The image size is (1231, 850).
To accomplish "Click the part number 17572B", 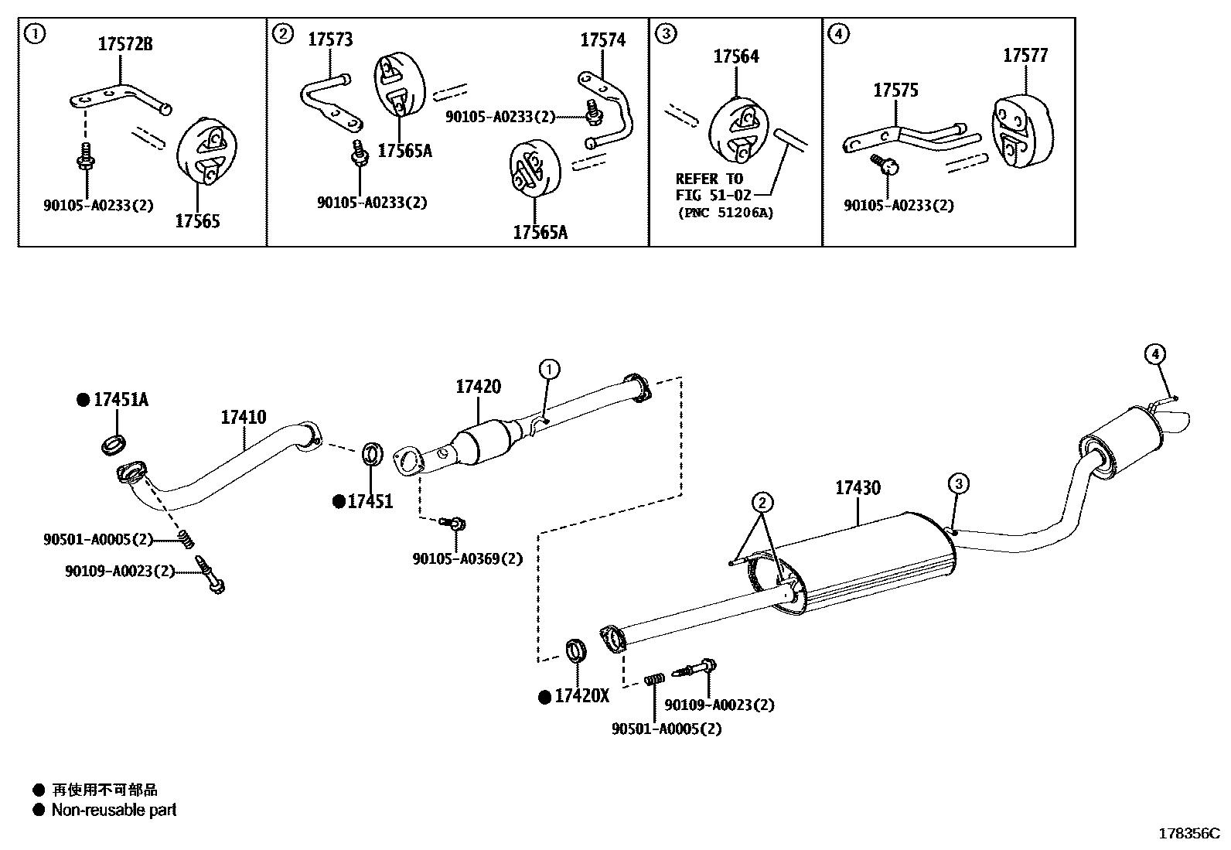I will click(124, 45).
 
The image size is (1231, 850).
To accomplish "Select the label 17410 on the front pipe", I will click(243, 418).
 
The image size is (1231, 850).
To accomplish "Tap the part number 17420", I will click(477, 387).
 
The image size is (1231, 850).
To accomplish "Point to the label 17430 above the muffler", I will click(857, 488).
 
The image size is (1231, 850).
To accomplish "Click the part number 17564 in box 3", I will click(735, 56).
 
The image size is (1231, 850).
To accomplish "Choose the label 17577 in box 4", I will click(1025, 56).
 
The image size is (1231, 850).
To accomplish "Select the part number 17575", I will click(895, 90).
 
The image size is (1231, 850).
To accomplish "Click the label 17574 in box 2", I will click(602, 40).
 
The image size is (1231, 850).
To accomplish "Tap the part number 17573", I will click(330, 39).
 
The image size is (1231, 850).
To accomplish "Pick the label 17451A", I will click(121, 400).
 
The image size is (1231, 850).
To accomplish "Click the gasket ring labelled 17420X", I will click(576, 651).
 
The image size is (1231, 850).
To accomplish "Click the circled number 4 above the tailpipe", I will click(1154, 355).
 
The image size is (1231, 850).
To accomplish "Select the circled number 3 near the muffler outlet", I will click(958, 484).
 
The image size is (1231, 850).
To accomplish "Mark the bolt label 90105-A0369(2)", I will click(467, 558).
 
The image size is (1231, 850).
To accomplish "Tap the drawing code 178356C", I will click(1188, 834).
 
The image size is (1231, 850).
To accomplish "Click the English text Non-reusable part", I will click(114, 811).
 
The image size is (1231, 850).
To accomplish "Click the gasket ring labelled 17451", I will click(371, 454).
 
